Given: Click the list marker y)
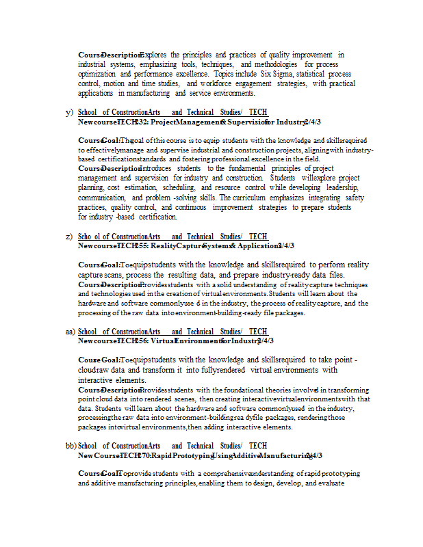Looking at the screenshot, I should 69,112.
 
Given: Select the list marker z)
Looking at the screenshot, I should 69,237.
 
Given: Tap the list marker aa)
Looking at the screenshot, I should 70,332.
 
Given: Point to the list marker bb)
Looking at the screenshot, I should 71,446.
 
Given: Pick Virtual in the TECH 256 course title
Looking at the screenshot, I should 162,341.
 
